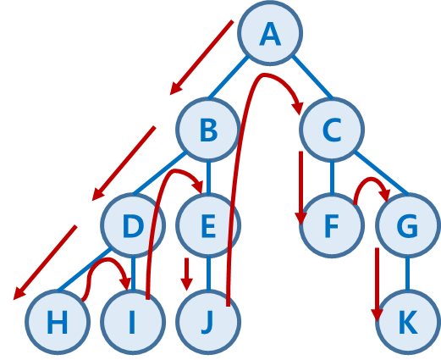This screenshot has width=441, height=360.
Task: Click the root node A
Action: point(270,33)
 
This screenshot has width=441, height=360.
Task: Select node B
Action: point(208,130)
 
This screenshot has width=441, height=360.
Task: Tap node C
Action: point(332,130)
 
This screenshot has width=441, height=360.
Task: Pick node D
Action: point(133,225)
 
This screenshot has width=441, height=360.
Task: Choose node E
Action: point(208,225)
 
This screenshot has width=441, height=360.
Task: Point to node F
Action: point(332,225)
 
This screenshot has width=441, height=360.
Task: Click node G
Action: point(407,225)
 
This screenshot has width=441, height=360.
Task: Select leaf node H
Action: point(58,322)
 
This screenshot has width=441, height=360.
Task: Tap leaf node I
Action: point(133,322)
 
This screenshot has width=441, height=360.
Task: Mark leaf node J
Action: point(208,322)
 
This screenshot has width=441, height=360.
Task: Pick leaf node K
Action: point(407,322)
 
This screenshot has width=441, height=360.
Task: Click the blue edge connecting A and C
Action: point(312,77)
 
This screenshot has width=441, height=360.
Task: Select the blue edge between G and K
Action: point(407,274)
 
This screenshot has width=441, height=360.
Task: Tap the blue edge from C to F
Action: point(332,178)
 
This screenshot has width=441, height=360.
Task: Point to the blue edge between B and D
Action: point(160,174)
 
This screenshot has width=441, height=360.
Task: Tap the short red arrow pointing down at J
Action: point(186,274)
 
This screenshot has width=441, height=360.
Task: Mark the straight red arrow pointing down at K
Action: point(377,285)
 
